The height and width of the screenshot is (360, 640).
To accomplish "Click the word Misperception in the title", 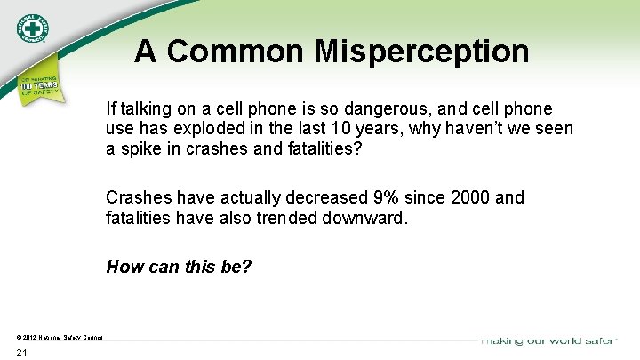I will point(421,52).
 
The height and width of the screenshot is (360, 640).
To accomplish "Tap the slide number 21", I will point(22,353).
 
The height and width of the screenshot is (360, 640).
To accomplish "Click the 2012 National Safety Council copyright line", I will point(60,337).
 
